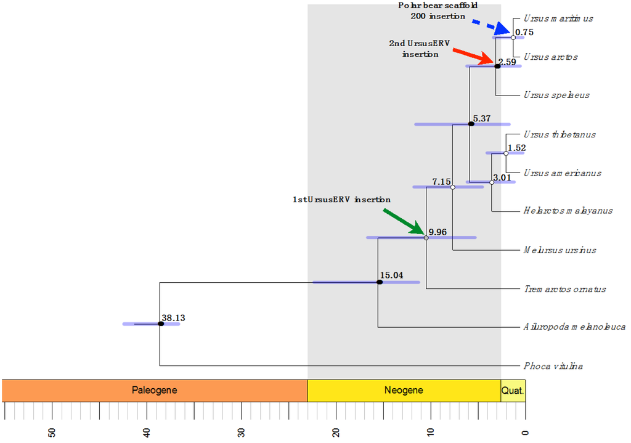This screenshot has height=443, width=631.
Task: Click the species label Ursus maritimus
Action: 558,18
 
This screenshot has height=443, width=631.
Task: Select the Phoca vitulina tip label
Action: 553,366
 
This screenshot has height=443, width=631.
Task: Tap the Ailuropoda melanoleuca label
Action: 574,327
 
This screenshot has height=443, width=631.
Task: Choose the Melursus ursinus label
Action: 560,250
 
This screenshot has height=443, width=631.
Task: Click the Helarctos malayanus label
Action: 568,211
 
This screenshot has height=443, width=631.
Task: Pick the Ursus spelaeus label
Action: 556,95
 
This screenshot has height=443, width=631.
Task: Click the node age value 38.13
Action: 174,319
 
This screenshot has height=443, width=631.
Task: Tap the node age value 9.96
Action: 438,232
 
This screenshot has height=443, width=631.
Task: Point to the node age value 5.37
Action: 482,118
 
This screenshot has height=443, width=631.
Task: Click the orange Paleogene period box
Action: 155,390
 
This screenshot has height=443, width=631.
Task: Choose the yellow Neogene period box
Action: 404,390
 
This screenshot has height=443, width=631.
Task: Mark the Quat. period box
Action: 513,390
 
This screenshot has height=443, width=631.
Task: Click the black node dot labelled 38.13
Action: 160,323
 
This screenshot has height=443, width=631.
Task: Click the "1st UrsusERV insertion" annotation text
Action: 341,200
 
